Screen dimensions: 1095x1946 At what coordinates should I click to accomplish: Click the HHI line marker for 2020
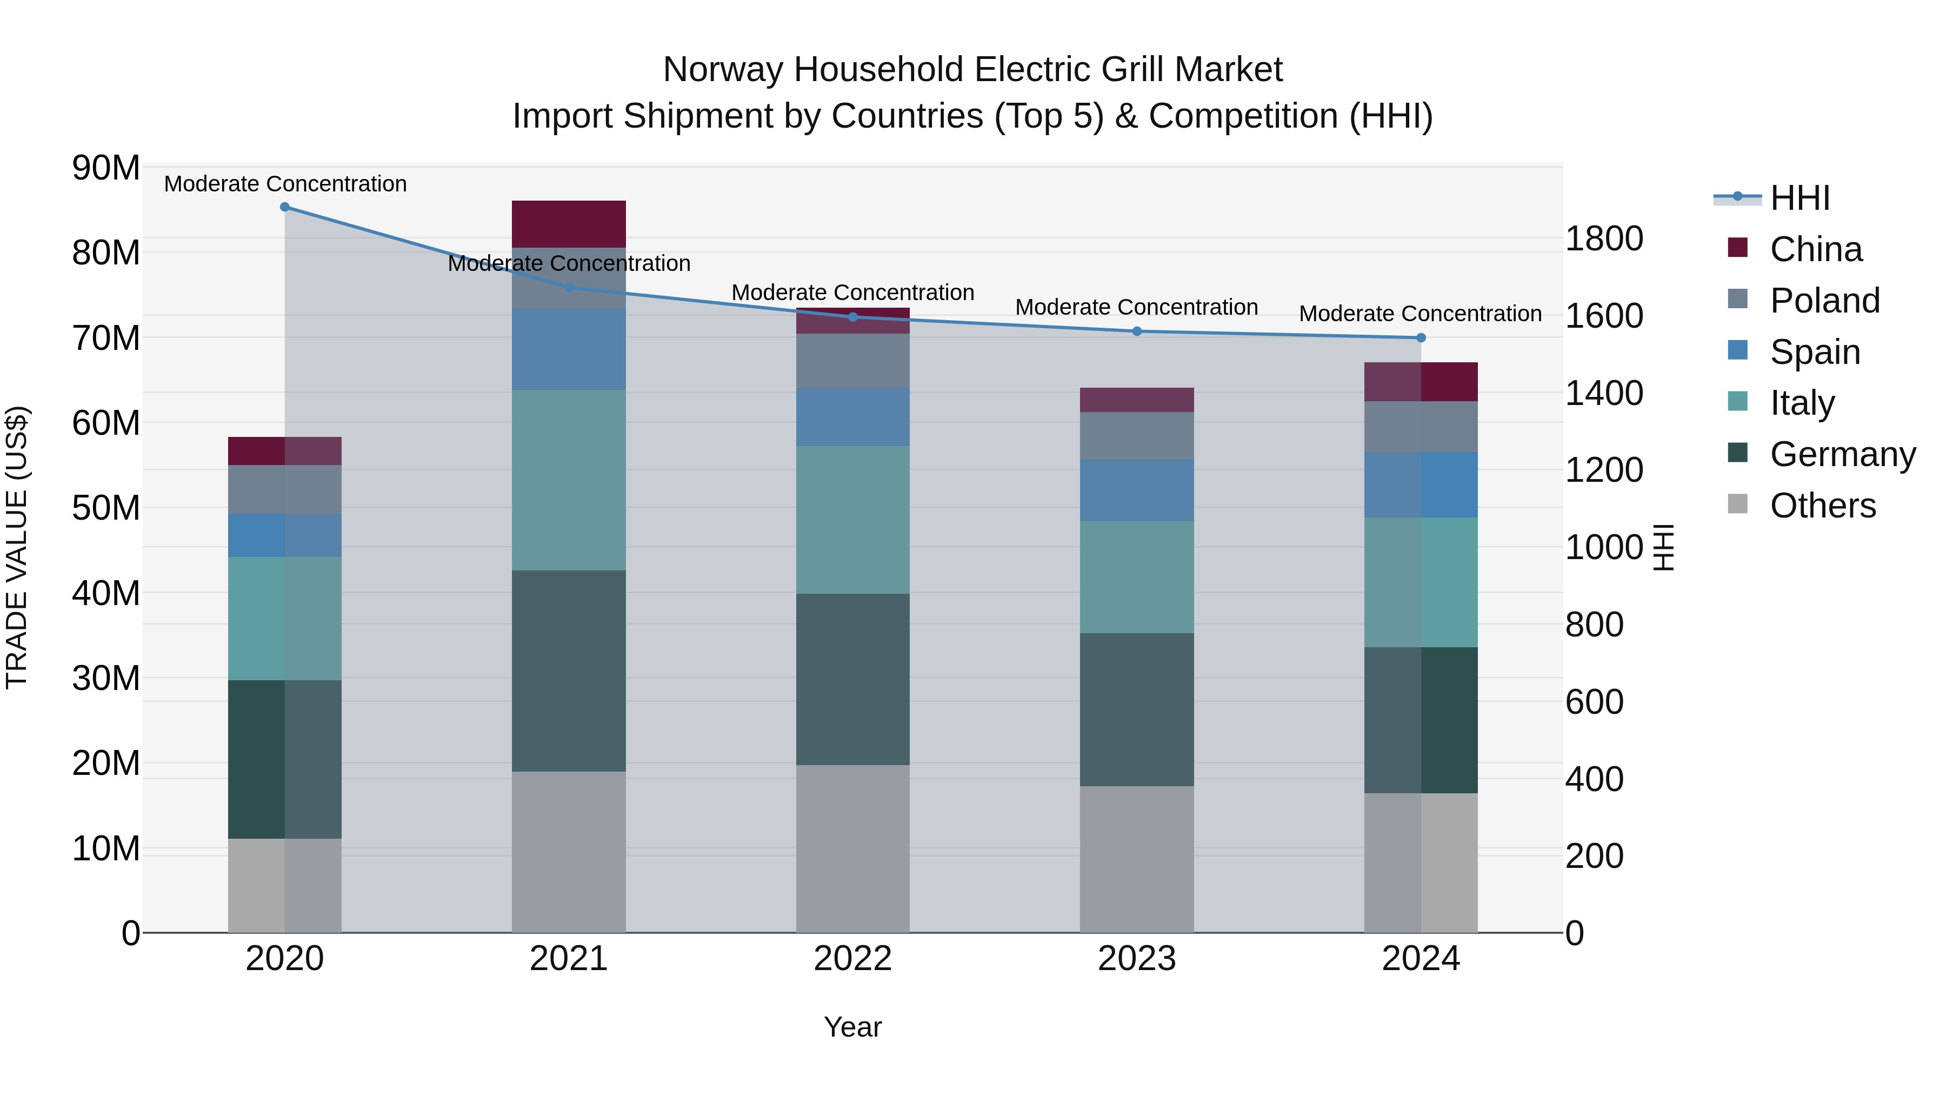pyautogui.click(x=285, y=207)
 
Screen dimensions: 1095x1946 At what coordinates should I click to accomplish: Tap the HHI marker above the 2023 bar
pyautogui.click(x=1137, y=331)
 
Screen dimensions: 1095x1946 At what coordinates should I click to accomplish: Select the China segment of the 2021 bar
pyautogui.click(x=569, y=224)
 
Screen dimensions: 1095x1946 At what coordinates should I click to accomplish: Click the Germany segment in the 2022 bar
pyautogui.click(x=853, y=679)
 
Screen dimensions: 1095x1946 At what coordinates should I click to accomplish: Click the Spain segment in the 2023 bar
pyautogui.click(x=1137, y=490)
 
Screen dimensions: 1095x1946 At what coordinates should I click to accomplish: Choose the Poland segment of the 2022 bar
pyautogui.click(x=853, y=361)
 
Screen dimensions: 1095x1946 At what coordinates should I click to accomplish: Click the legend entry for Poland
pyautogui.click(x=1824, y=300)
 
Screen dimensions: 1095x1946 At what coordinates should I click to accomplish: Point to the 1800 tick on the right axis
pyautogui.click(x=1604, y=239)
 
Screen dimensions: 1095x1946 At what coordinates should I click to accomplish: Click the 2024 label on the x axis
pyautogui.click(x=1420, y=959)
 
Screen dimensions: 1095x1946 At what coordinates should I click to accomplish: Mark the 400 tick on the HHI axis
pyautogui.click(x=1594, y=779)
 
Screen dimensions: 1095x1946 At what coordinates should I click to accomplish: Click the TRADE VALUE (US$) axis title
pyautogui.click(x=17, y=547)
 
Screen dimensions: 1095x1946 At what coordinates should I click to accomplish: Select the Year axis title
pyautogui.click(x=853, y=1027)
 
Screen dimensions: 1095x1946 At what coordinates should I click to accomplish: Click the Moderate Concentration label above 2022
pyautogui.click(x=853, y=293)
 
